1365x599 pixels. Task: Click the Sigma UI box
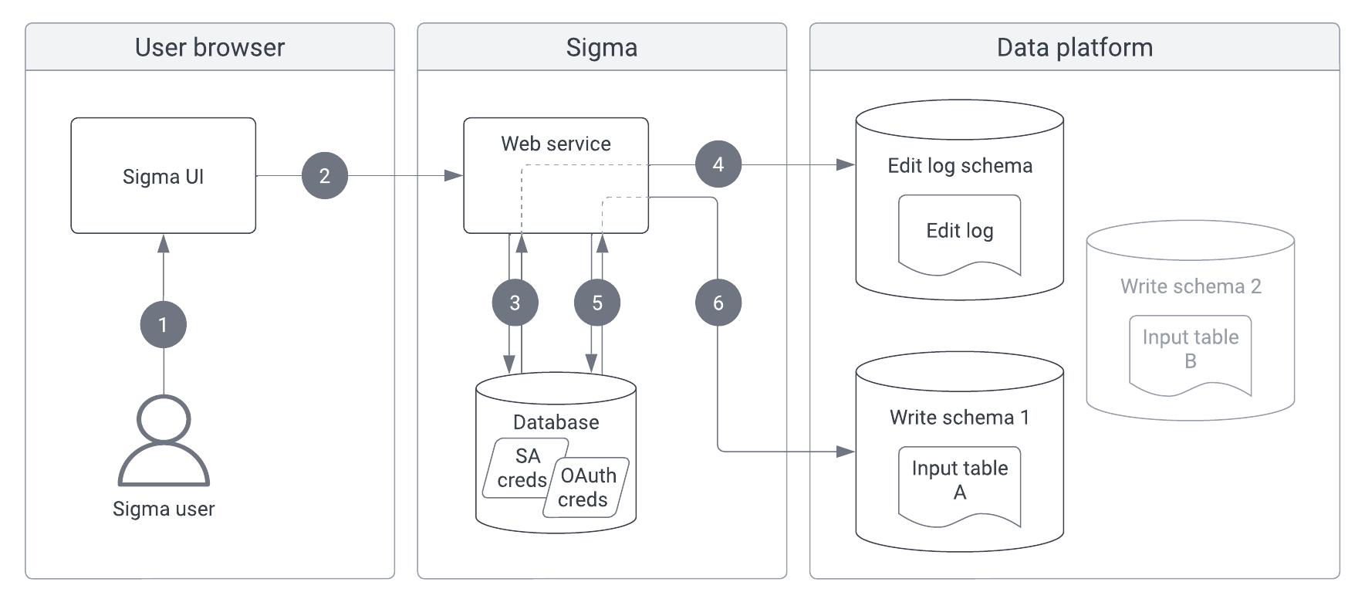pyautogui.click(x=163, y=176)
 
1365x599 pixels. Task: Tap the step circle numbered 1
pyautogui.click(x=163, y=324)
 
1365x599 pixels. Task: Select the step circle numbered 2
pyautogui.click(x=325, y=176)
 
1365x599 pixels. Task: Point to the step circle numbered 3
pyautogui.click(x=515, y=303)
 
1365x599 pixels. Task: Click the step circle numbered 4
pyautogui.click(x=718, y=164)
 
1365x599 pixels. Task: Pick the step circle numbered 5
pyautogui.click(x=597, y=303)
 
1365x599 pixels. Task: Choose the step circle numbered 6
pyautogui.click(x=718, y=303)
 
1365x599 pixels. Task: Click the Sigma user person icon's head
pyautogui.click(x=163, y=419)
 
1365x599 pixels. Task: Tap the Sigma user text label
pyautogui.click(x=163, y=509)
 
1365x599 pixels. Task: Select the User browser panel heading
pyautogui.click(x=209, y=47)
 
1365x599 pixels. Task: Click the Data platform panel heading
pyautogui.click(x=1074, y=47)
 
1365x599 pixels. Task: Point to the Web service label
pyautogui.click(x=556, y=144)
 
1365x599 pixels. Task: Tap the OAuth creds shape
pyautogui.click(x=586, y=487)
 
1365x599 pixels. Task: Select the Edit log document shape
pyautogui.click(x=959, y=232)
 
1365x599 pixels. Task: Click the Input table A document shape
pyautogui.click(x=959, y=482)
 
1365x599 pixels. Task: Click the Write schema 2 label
pyautogui.click(x=1190, y=286)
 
